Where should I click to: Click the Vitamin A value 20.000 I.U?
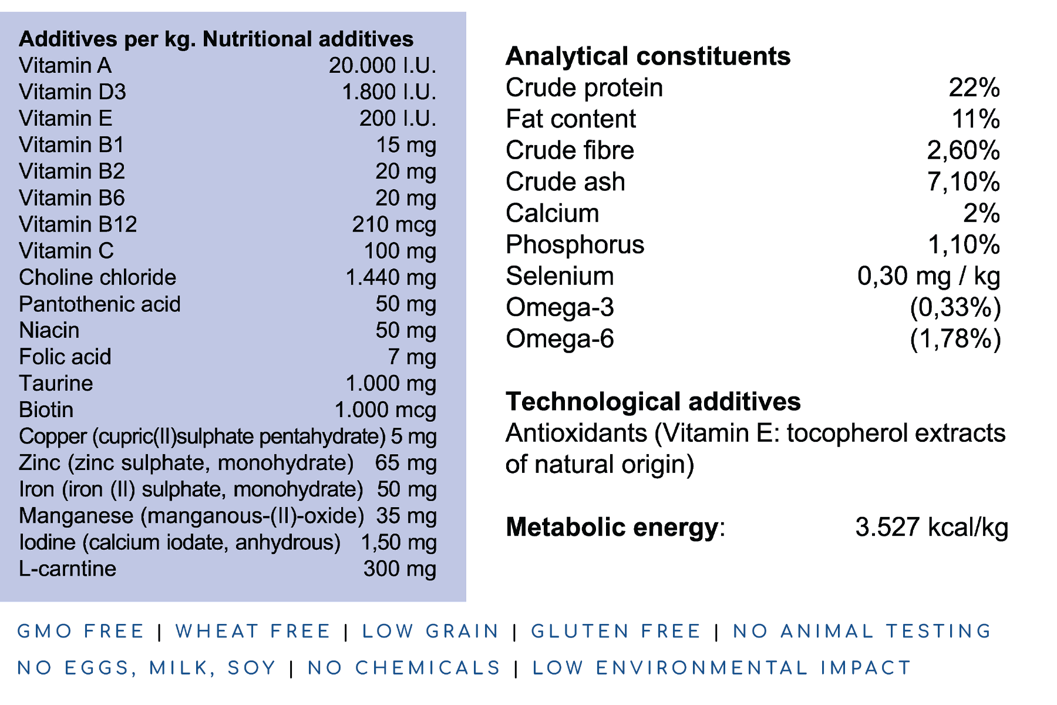tap(382, 66)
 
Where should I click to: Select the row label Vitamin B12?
tap(78, 224)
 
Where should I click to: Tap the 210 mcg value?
tap(394, 224)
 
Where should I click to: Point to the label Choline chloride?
tap(97, 277)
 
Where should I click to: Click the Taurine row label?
tap(56, 383)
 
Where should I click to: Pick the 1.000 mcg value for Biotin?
tap(385, 410)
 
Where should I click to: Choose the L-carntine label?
tap(68, 569)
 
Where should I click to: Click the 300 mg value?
tap(399, 569)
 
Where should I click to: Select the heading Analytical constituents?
tap(648, 56)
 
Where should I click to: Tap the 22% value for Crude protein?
tap(974, 88)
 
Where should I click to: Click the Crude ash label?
tap(565, 182)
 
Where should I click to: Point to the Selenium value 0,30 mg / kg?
tap(928, 276)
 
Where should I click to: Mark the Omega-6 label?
tap(560, 339)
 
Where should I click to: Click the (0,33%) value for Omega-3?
tap(955, 307)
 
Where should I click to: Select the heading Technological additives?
tap(653, 402)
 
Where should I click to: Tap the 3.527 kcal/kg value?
tap(931, 527)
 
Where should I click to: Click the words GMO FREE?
tap(80, 632)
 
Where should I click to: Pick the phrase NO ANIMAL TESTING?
tap(862, 632)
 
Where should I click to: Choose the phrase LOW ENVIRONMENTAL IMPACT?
tap(722, 668)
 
